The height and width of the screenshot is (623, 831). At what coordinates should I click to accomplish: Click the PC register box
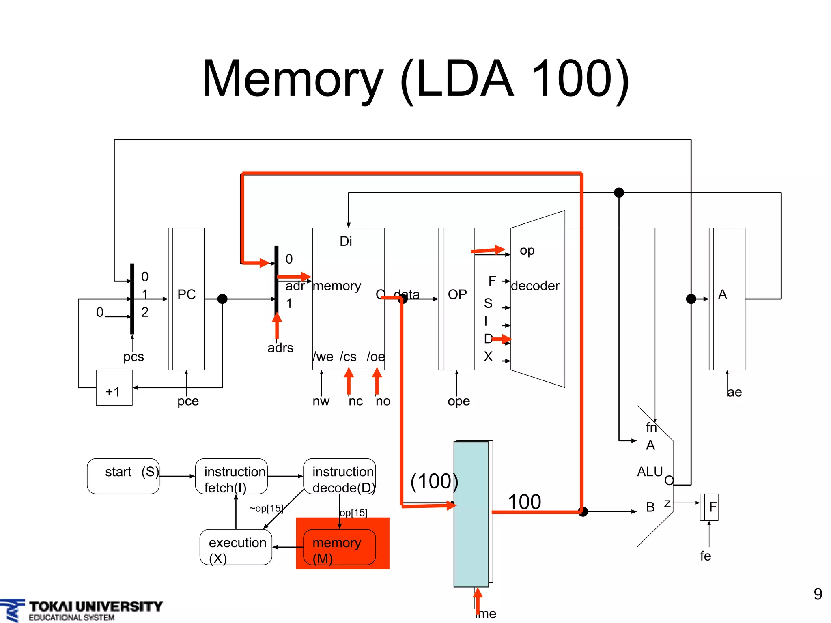coord(186,299)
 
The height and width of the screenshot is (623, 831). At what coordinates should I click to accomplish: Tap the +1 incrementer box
coord(114,388)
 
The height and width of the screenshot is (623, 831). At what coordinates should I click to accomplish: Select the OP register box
coord(457,299)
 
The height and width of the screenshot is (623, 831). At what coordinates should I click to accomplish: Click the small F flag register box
coord(709,507)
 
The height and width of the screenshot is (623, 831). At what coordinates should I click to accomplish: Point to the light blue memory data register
coord(471,514)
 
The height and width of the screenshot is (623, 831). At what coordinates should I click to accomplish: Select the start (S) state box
coord(123,476)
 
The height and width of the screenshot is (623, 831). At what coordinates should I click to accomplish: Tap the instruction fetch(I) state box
coord(231,476)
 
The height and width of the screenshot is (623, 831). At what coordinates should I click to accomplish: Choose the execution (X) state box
coord(236,547)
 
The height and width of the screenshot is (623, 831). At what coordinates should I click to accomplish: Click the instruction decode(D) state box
coord(340,476)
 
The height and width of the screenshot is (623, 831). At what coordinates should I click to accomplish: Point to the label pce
coord(188,401)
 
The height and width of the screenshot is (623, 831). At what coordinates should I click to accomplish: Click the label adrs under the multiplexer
coord(280,348)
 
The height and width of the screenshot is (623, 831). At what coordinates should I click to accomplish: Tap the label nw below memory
coord(321,401)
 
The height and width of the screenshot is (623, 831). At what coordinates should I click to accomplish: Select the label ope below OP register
coord(459,401)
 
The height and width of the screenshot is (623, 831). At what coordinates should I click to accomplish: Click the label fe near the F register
coord(705,556)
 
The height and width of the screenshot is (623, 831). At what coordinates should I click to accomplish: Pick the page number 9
coord(818,594)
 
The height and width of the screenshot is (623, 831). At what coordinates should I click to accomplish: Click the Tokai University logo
coord(81,610)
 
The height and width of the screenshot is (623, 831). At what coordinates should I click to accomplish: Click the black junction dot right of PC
coord(222,299)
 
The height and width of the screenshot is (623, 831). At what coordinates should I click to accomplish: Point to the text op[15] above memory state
coord(353,513)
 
